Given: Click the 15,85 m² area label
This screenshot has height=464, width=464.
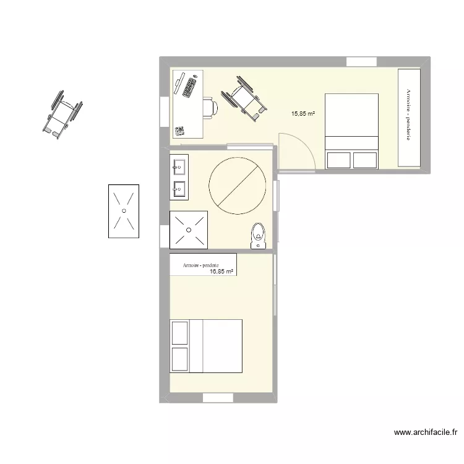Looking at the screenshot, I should click(304, 114).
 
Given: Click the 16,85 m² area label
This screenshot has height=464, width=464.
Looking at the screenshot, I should click(221, 271).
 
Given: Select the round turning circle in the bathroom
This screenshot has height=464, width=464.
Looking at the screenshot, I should click(238, 185).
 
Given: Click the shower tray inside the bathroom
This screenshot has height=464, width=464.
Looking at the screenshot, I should click(189, 230).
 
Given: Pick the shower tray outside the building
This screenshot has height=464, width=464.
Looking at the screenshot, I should click(123, 211).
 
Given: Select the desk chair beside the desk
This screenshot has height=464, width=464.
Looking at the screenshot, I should click(211, 108).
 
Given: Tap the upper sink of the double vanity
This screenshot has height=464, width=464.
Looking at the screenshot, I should click(180, 166).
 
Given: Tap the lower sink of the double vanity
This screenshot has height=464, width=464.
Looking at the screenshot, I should click(180, 188).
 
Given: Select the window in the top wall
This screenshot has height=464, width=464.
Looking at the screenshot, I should click(361, 61).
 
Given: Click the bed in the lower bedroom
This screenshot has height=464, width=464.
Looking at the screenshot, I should click(206, 346).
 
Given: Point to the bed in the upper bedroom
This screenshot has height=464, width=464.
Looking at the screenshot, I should click(351, 131).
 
